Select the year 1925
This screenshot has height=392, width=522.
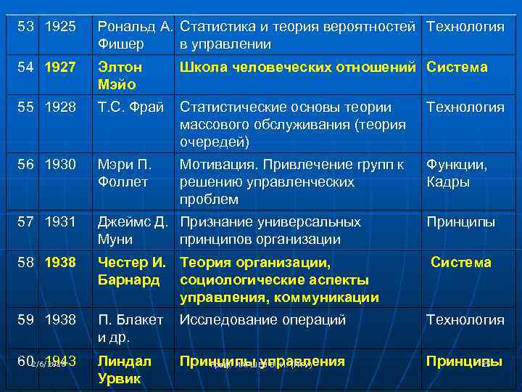pyautogui.click(x=60, y=27)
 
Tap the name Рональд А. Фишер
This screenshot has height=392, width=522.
pyautogui.click(x=135, y=36)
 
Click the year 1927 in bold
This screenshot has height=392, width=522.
pyautogui.click(x=60, y=68)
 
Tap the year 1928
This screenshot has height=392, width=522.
pyautogui.click(x=60, y=107)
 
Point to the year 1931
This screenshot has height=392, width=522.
pyautogui.click(x=60, y=222)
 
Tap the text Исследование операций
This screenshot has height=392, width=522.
pyautogui.click(x=262, y=320)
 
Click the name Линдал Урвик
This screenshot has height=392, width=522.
pyautogui.click(x=125, y=370)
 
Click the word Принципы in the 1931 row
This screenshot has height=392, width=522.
pyautogui.click(x=460, y=222)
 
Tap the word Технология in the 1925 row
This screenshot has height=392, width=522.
pyautogui.click(x=465, y=27)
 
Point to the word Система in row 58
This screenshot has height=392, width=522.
pyautogui.click(x=461, y=263)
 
